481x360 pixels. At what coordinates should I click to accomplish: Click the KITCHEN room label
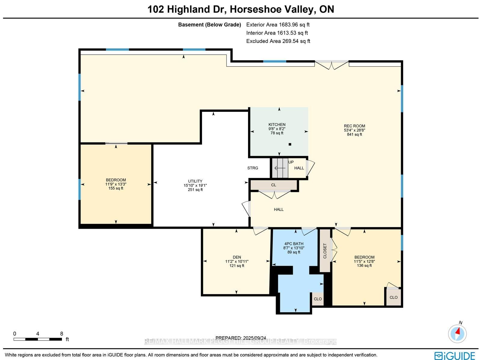277,124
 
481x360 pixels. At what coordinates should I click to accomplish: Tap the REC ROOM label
354,126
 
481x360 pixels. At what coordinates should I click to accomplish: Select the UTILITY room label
195,181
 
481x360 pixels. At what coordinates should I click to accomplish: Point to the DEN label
237,257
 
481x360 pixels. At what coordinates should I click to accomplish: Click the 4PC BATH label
294,244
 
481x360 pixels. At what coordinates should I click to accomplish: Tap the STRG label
253,168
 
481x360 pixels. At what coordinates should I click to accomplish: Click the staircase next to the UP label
280,168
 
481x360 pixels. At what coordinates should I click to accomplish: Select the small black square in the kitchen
290,144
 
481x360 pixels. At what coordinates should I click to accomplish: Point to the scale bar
38,339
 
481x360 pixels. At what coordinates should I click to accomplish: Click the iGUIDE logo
455,355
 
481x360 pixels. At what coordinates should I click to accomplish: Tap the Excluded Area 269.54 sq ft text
278,41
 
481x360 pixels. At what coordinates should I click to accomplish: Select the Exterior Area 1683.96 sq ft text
278,25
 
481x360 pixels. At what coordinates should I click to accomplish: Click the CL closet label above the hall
274,185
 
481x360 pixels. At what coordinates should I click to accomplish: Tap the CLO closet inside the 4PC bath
318,299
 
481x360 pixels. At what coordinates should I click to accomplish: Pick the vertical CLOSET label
325,251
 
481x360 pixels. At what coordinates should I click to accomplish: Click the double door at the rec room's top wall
332,65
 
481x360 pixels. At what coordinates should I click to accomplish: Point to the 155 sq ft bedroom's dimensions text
116,184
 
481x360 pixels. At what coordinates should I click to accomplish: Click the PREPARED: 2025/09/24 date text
240,338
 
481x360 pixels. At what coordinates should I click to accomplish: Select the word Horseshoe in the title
255,9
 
